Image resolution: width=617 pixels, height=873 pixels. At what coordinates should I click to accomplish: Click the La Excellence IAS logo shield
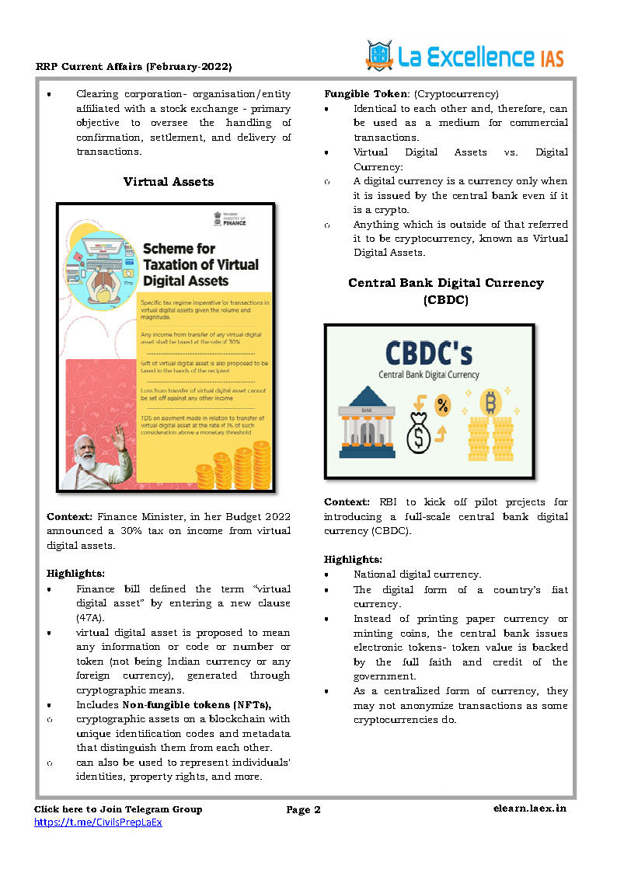point(379,54)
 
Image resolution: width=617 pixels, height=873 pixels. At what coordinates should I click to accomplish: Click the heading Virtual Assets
point(168,182)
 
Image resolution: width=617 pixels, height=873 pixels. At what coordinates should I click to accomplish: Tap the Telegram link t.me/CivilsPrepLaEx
point(98,822)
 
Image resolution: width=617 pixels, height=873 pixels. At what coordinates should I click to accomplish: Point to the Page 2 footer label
point(304,810)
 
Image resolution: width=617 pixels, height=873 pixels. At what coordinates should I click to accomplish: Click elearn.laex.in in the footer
point(530,809)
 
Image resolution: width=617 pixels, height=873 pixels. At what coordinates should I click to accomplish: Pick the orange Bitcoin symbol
point(490,402)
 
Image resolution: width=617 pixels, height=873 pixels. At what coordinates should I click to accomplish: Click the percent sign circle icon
point(442,404)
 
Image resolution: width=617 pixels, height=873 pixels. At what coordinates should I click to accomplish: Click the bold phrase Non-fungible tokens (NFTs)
point(196,705)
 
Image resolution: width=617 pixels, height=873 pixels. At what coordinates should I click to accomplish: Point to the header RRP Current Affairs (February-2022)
point(134,66)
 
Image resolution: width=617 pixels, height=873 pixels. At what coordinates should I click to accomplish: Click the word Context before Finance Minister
point(70,516)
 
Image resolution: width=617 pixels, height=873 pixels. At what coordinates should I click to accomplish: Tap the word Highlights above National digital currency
point(353,560)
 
